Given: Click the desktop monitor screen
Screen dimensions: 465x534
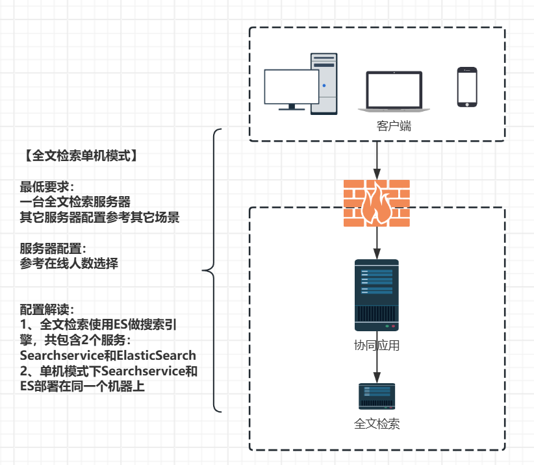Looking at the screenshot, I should click(292, 86).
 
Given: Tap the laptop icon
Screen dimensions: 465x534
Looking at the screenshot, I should click(394, 92).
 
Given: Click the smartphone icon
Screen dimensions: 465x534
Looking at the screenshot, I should click(466, 86).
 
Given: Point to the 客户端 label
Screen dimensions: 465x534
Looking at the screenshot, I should click(394, 126).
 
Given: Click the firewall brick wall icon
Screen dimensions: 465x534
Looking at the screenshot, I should click(377, 203).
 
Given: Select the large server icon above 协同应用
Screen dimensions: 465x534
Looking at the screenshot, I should click(377, 295).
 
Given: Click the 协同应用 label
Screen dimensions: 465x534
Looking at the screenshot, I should click(377, 346).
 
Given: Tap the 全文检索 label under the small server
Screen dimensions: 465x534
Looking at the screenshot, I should click(377, 425).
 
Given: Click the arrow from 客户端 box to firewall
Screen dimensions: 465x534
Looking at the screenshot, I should click(377, 160).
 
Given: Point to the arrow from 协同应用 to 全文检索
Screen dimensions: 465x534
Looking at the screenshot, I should click(377, 368).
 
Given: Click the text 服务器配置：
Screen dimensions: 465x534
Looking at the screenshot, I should click(53, 250).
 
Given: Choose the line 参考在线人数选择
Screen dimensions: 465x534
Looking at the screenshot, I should click(69, 265).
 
